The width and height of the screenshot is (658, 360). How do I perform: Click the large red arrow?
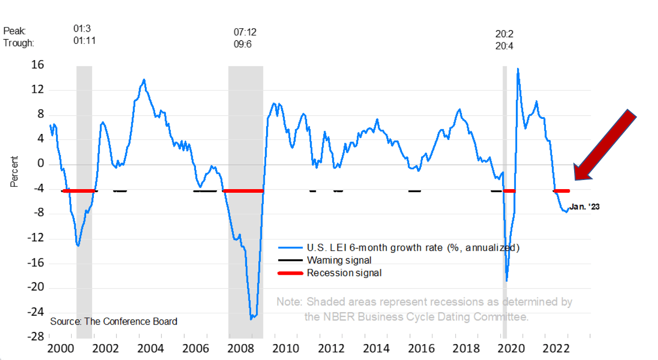(x=605, y=145)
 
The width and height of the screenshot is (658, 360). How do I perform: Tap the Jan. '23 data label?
(x=584, y=207)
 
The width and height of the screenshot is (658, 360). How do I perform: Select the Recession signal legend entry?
(x=344, y=273)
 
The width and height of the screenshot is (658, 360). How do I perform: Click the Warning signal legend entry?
(x=339, y=260)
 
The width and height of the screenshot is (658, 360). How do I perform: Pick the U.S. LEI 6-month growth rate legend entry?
(x=413, y=248)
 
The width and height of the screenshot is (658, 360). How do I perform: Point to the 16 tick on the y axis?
(x=38, y=65)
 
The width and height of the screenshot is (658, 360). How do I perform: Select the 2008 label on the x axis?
(x=241, y=349)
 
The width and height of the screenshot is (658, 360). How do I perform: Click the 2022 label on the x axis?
(x=556, y=349)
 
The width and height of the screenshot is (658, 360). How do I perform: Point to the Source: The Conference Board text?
(x=113, y=321)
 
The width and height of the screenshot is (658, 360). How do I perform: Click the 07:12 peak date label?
(x=245, y=32)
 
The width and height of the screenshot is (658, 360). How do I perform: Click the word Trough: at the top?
(x=19, y=43)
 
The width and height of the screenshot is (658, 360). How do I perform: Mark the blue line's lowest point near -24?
(x=251, y=319)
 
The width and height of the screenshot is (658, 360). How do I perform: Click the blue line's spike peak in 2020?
(x=517, y=69)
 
